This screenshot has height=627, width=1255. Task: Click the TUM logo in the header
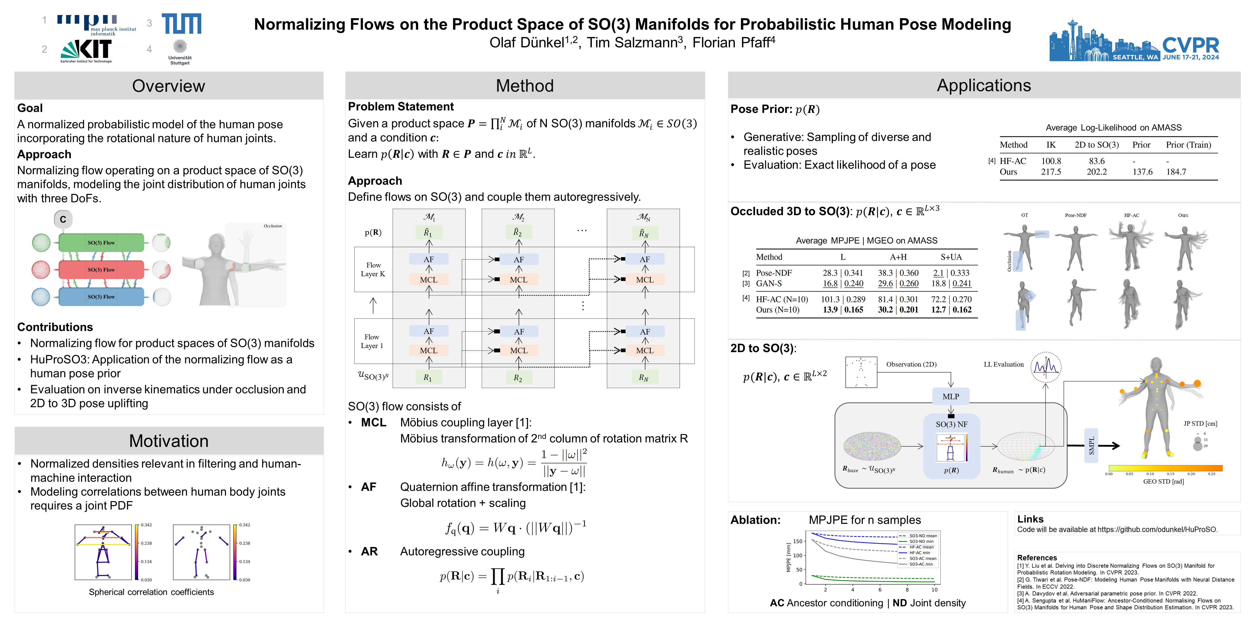pos(181,23)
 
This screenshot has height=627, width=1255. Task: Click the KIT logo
pos(87,50)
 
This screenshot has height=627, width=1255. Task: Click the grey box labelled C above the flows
pos(63,220)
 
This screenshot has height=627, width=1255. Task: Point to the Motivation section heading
pos(169,441)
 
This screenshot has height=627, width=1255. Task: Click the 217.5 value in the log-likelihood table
pos(1051,172)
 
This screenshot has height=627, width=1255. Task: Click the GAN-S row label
pos(769,283)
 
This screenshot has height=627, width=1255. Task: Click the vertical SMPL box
pos(1091,445)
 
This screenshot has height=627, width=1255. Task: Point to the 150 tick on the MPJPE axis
pos(797,541)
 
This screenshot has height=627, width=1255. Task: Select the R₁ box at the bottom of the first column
pos(428,377)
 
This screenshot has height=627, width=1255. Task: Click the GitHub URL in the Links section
pos(1157,530)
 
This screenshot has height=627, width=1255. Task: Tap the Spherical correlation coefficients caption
pos(151,592)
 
